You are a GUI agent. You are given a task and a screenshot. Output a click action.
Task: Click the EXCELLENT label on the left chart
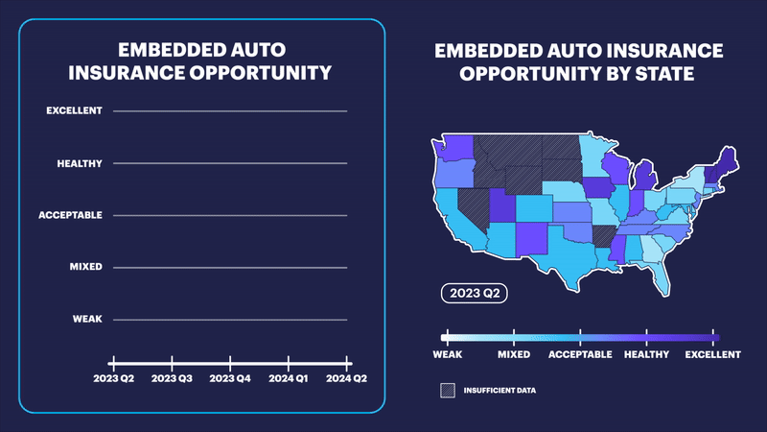(74, 111)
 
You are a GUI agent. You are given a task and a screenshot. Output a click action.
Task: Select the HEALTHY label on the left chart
(79, 163)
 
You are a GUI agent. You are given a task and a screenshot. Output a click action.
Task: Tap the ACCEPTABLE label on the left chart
(70, 215)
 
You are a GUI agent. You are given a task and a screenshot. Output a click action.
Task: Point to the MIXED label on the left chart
(86, 267)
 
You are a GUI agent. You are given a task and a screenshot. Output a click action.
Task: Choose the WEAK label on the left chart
(87, 319)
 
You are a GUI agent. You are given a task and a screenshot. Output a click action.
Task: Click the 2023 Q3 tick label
(172, 378)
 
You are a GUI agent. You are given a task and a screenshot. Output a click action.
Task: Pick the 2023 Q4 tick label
(230, 378)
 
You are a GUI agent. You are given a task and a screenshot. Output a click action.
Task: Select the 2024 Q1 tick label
(289, 378)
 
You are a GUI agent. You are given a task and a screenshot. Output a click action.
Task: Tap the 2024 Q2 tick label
(347, 378)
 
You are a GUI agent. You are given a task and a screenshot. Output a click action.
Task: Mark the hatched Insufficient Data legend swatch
(447, 391)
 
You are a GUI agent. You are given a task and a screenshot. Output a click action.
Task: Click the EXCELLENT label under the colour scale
(711, 354)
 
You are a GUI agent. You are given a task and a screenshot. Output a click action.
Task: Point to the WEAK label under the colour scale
(448, 354)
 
